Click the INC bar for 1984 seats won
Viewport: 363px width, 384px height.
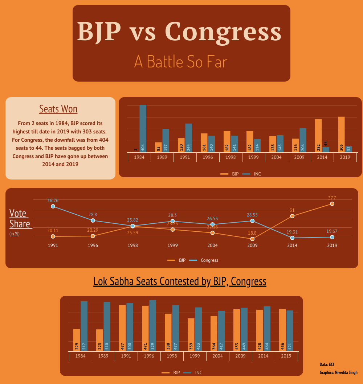click(x=143, y=129)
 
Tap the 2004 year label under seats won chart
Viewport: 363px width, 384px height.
click(x=277, y=158)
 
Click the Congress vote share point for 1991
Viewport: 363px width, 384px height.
click(x=53, y=206)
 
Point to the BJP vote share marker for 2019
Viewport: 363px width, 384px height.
click(x=332, y=204)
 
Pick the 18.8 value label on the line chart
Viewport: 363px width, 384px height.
click(x=252, y=233)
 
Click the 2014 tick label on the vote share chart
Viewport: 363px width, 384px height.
click(x=292, y=245)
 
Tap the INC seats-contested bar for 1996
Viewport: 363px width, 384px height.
click(x=153, y=326)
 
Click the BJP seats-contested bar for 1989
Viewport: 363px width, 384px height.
click(x=99, y=340)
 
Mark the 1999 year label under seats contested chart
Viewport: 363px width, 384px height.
click(x=195, y=356)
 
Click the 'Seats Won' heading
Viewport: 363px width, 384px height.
click(x=58, y=109)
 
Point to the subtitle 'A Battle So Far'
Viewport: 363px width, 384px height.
click(x=181, y=61)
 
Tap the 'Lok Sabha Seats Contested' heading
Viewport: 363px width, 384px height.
click(x=180, y=281)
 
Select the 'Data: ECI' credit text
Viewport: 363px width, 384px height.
click(x=327, y=364)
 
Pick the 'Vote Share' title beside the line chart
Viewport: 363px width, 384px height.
click(x=20, y=218)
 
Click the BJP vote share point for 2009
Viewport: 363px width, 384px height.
click(x=252, y=239)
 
